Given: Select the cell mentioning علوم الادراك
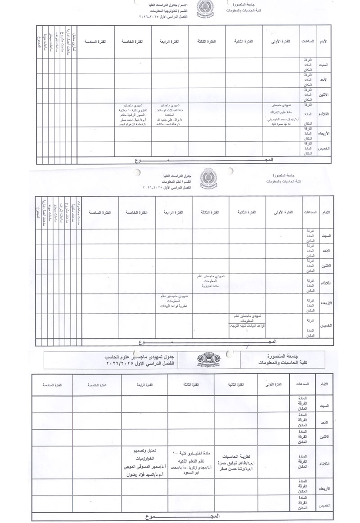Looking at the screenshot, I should pos(283,114).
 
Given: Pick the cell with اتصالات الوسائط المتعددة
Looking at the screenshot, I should pos(170,114).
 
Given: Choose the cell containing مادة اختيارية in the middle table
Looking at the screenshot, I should pos(211,281).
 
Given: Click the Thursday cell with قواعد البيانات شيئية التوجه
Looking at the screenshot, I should pos(247,322).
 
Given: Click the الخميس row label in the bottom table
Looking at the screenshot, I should pos(325,505).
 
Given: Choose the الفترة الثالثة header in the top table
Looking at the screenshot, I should pos(207,41).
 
